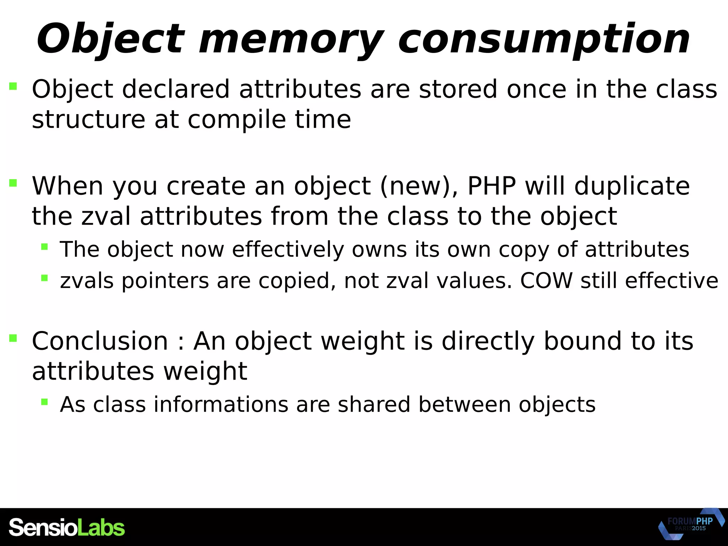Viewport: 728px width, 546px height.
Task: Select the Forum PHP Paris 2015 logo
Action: pos(691,524)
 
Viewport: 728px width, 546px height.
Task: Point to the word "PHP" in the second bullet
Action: pos(492,186)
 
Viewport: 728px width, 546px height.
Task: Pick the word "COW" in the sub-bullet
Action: pos(546,280)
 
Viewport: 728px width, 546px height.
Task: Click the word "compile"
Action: pos(237,119)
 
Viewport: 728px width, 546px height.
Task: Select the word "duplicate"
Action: pos(632,186)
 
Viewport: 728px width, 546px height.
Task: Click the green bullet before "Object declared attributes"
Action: pos(13,86)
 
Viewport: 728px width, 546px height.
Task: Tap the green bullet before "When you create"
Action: pos(13,183)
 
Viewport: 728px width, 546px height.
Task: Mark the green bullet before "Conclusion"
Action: pos(13,338)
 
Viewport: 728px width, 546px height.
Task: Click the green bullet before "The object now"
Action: pos(44,246)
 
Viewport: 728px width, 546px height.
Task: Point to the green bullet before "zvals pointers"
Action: pos(44,278)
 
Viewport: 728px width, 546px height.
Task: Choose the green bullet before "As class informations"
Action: pos(44,402)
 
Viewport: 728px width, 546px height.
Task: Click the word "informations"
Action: pos(221,405)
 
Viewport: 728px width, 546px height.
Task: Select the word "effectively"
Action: pos(288,249)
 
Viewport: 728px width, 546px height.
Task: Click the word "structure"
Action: pos(89,119)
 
